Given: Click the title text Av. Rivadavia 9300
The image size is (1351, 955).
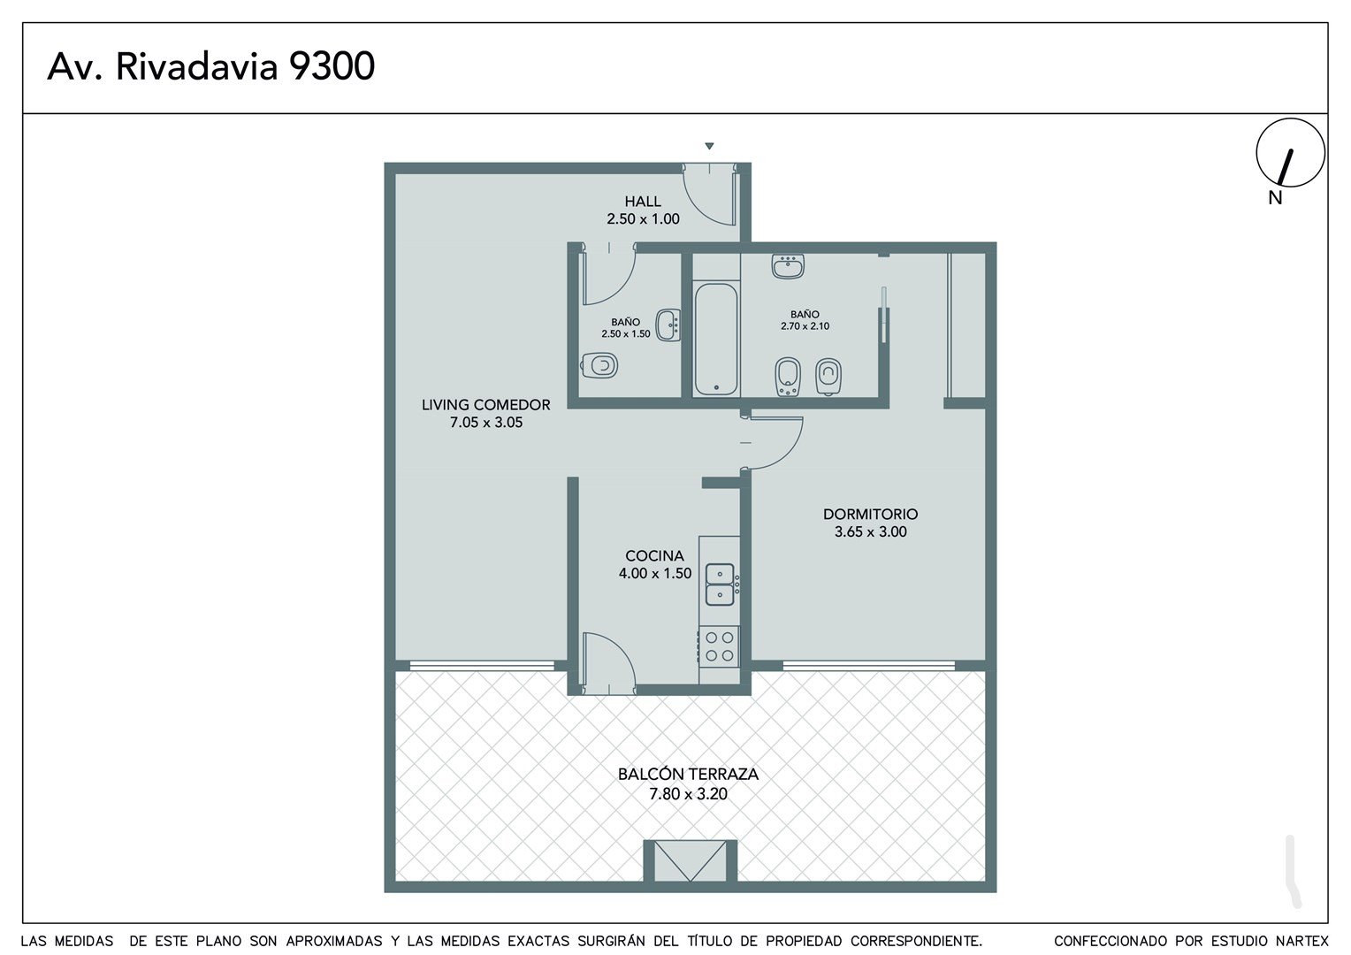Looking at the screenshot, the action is [211, 66].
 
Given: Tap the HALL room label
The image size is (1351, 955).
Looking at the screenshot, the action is [642, 201].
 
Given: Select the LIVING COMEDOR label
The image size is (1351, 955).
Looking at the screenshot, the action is [485, 405].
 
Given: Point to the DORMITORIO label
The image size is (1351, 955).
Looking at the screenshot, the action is [870, 514].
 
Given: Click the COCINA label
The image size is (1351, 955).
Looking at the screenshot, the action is [654, 555].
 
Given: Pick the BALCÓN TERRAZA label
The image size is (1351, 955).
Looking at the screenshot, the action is [688, 774].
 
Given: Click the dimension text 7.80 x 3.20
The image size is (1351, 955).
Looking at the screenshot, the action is [688, 794].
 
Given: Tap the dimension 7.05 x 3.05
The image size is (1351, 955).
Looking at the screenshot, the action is [486, 423].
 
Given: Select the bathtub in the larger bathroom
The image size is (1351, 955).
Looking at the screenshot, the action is [716, 339].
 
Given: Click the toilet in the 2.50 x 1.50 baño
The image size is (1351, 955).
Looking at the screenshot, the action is [599, 365].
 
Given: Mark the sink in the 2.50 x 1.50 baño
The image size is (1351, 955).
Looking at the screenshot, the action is [668, 325].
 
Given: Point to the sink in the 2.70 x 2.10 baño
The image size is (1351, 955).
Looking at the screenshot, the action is [788, 266].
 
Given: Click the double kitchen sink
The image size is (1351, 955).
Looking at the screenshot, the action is [720, 584].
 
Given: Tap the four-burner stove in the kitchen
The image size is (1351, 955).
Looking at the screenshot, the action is [719, 646].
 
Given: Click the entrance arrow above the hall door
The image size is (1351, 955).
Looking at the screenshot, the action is [709, 146].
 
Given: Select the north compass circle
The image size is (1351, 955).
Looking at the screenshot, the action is [1291, 153].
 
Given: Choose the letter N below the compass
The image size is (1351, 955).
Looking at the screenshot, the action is [1275, 198].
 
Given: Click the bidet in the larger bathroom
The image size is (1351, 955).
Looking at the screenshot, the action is [788, 377].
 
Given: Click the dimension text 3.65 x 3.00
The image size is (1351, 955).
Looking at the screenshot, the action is [870, 531].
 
